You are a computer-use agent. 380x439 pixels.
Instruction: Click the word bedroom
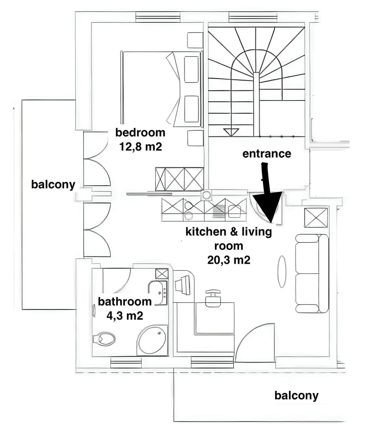tap(140, 132)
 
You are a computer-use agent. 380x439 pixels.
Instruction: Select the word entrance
tap(266, 154)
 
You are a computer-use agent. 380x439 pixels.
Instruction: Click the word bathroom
tap(125, 301)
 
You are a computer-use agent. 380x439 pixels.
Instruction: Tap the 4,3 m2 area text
tap(125, 315)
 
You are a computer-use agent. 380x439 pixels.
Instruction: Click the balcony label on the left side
tap(53, 184)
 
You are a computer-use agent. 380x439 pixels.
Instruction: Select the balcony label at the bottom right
tap(296, 395)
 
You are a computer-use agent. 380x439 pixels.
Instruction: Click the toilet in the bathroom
tap(104, 339)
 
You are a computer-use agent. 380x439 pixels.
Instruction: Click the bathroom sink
tap(159, 293)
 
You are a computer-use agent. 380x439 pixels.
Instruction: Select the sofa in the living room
tap(312, 273)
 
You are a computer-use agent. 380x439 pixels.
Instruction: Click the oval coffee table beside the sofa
tap(281, 272)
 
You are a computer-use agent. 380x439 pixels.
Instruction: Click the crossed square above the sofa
tap(316, 217)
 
